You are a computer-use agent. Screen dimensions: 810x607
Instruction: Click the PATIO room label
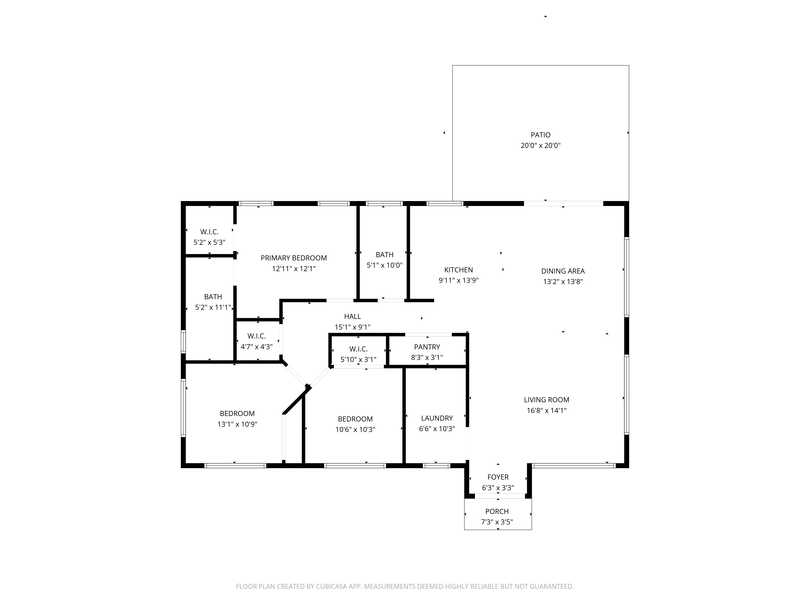[540, 135]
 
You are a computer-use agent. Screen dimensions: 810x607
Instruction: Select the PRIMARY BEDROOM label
[294, 258]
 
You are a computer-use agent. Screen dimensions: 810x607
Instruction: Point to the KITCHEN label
[458, 270]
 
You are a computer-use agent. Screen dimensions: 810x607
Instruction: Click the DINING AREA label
[563, 271]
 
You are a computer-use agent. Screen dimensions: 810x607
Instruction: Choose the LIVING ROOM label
[546, 400]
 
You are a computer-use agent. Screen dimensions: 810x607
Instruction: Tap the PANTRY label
[427, 347]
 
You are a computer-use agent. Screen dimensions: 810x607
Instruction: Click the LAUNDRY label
[437, 418]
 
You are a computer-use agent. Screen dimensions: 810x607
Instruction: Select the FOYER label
[498, 477]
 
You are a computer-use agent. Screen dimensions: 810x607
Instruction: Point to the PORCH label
[497, 511]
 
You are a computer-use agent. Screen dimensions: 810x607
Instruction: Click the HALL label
[352, 316]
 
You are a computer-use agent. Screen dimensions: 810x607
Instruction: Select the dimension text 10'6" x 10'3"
[355, 430]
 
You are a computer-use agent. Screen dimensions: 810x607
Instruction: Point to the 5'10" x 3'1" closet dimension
[358, 360]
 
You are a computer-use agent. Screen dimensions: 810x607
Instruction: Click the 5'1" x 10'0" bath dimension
[385, 265]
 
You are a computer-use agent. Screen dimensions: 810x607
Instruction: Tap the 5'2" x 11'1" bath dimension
[213, 307]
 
